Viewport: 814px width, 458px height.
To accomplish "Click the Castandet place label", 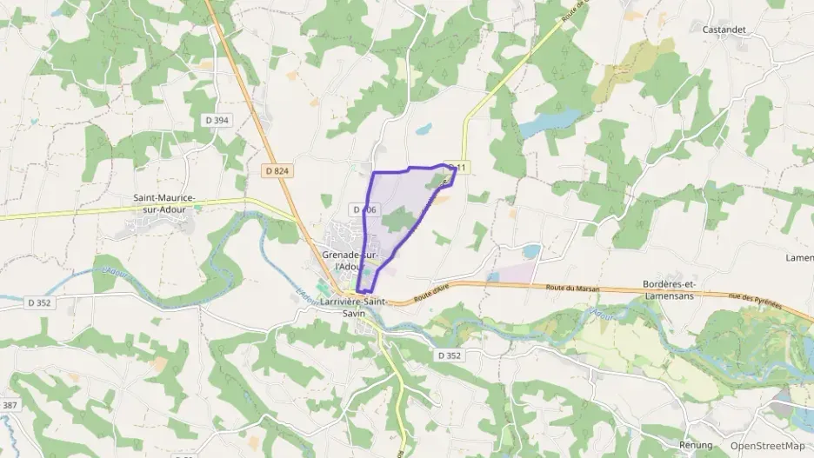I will pyautogui.click(x=724, y=30).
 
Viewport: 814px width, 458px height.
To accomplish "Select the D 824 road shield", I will pyautogui.click(x=277, y=171).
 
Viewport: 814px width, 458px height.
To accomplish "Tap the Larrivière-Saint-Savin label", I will pyautogui.click(x=353, y=307).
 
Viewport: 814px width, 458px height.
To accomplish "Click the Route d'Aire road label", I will pyautogui.click(x=431, y=296).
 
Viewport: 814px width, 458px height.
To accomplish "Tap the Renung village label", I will pyautogui.click(x=696, y=444).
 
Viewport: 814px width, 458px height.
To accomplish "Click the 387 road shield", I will pyautogui.click(x=10, y=406).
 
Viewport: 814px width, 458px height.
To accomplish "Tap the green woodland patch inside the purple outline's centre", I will pyautogui.click(x=396, y=219).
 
